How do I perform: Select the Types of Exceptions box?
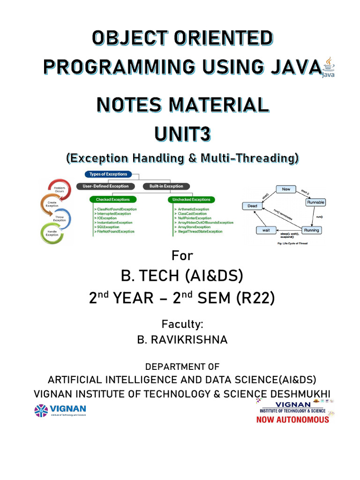108,174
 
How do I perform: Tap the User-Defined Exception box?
106,186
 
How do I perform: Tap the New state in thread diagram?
285,189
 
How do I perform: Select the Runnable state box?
315,202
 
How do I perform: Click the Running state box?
311,230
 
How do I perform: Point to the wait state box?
265,230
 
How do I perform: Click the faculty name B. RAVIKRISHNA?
182,340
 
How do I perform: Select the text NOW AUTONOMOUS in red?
292,420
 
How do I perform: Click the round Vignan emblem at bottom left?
41,411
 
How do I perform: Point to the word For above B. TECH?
182,256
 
